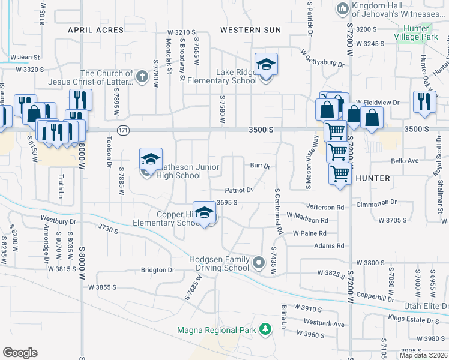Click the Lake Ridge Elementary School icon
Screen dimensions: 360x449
(266, 64)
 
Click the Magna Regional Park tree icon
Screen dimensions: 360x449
(265, 329)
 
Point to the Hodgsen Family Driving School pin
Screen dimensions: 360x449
(259, 262)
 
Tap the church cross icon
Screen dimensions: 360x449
(142, 76)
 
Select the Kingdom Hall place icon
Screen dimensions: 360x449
(343, 8)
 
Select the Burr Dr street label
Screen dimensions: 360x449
(259, 166)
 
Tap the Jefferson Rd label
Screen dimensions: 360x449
(327, 207)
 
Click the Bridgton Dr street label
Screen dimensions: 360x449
(157, 270)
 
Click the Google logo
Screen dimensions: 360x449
(20, 352)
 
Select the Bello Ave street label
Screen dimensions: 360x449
(405, 161)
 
